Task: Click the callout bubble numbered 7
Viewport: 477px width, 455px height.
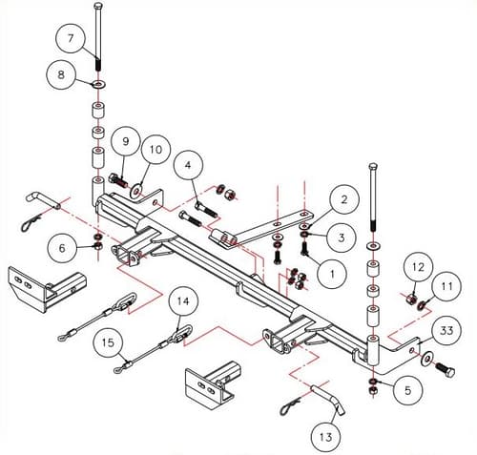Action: click(x=71, y=40)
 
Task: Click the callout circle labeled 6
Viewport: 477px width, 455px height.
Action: click(x=65, y=248)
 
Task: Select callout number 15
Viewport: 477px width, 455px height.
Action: click(x=110, y=341)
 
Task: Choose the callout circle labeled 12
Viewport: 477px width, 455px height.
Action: click(x=415, y=265)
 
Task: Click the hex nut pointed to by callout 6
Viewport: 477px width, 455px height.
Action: click(x=99, y=245)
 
